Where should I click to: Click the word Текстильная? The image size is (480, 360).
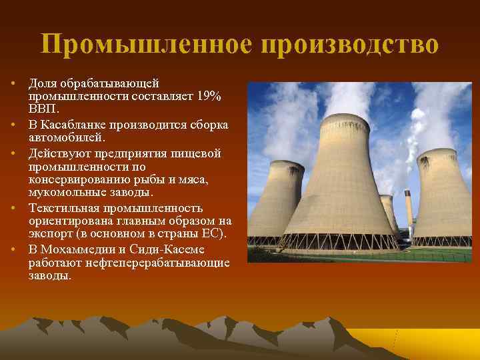(x=61, y=207)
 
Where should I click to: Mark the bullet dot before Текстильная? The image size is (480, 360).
(x=13, y=207)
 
